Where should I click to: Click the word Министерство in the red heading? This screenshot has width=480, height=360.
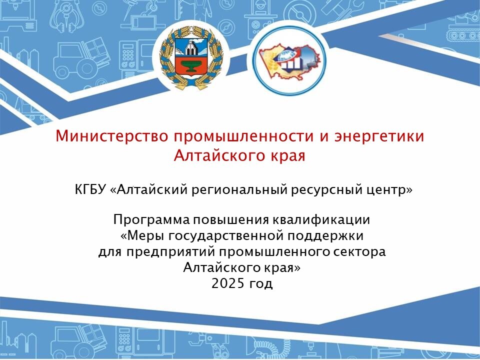tap(111, 136)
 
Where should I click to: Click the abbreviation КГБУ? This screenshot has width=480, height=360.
tap(90, 190)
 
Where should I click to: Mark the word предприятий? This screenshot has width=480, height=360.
tap(171, 252)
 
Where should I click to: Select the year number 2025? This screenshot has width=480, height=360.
tap(228, 283)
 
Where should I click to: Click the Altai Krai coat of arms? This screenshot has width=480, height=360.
tap(191, 58)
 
